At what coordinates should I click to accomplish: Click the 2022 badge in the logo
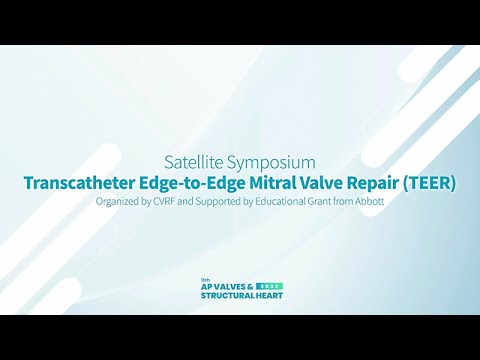(x=270, y=287)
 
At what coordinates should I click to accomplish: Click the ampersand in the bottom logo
(x=250, y=287)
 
